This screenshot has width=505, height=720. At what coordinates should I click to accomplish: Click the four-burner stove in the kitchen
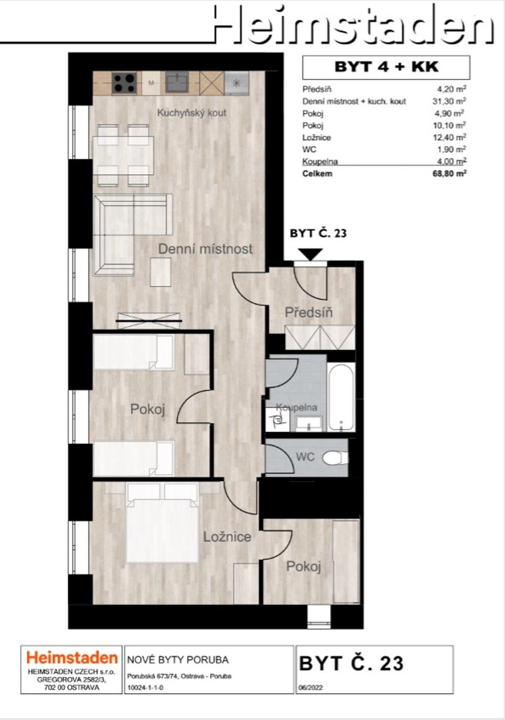coord(124,83)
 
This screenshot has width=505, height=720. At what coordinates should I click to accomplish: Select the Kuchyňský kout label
coord(191,113)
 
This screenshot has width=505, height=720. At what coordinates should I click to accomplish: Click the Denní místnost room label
coord(205,249)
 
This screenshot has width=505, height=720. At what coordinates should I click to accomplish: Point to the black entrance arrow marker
coord(311,254)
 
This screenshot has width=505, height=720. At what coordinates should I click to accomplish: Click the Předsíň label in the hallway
coord(308,312)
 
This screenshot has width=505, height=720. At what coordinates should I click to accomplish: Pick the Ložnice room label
coord(227,537)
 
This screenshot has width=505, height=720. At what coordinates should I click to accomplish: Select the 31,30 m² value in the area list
coord(449,101)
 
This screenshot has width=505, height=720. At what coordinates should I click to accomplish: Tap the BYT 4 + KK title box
coord(386,67)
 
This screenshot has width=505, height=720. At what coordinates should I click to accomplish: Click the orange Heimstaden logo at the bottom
coord(72,658)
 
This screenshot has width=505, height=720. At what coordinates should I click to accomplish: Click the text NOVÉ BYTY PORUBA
coord(178,660)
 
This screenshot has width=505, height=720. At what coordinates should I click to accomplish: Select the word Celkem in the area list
coord(317,173)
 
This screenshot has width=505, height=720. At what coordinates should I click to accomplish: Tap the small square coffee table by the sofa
coord(161,271)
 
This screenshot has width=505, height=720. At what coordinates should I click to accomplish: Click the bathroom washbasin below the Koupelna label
coord(309,423)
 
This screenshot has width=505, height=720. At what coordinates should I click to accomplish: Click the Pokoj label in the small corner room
coord(303,567)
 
